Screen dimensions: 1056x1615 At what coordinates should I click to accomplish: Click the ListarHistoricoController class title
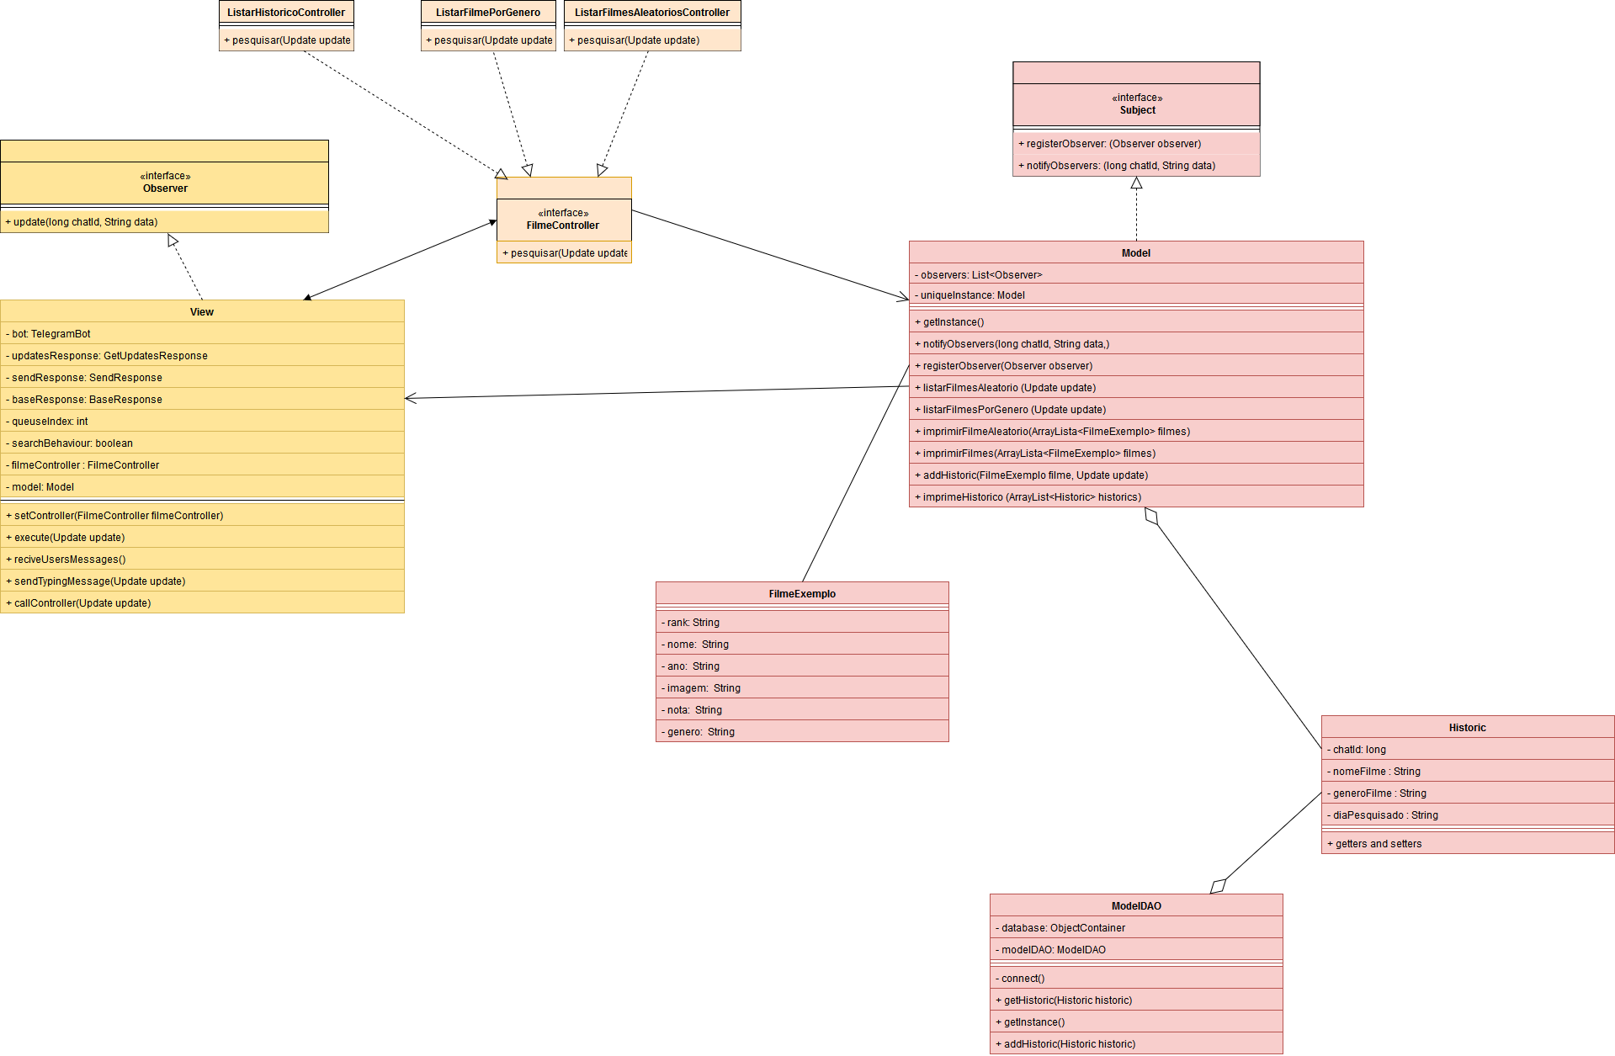pyautogui.click(x=286, y=13)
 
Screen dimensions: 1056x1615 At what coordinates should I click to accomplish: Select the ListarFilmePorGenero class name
pyautogui.click(x=488, y=13)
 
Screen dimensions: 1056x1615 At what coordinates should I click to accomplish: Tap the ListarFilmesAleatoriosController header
pyautogui.click(x=652, y=13)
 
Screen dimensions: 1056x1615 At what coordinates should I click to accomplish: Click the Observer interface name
pyautogui.click(x=165, y=188)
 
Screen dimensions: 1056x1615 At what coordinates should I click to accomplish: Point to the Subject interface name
pyautogui.click(x=1137, y=110)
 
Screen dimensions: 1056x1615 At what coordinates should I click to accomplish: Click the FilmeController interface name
pyautogui.click(x=563, y=226)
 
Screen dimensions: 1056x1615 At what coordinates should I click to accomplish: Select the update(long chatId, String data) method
pyautogui.click(x=86, y=222)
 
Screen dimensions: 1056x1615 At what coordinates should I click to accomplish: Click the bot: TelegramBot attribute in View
pyautogui.click(x=51, y=334)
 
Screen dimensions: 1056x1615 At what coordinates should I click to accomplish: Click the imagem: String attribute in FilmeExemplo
pyautogui.click(x=704, y=688)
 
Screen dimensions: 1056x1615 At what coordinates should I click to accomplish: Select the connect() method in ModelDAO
pyautogui.click(x=1023, y=979)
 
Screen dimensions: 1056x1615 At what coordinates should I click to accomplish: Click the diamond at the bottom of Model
pyautogui.click(x=1151, y=517)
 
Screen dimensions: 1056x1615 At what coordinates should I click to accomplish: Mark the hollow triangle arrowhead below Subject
pyautogui.click(x=1136, y=183)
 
